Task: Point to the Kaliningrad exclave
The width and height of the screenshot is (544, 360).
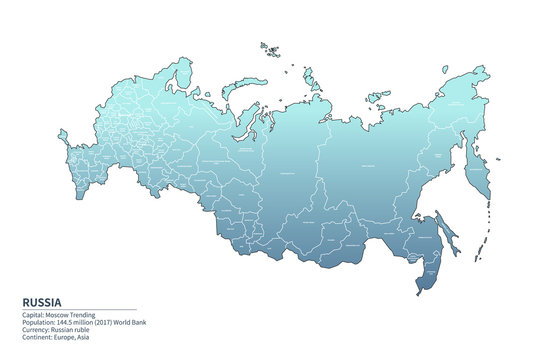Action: pyautogui.click(x=63, y=136)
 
